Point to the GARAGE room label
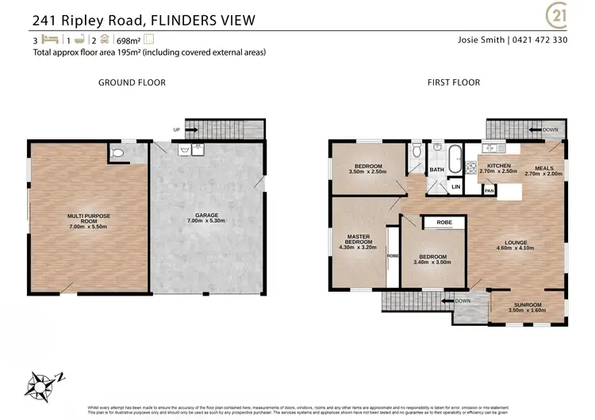point(206,216)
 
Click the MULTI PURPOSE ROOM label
point(87,220)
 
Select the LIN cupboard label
point(454,187)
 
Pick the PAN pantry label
point(489,190)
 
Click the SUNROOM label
point(526,305)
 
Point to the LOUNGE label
point(515,242)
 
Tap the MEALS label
point(543,167)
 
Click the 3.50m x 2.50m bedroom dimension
point(368,172)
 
